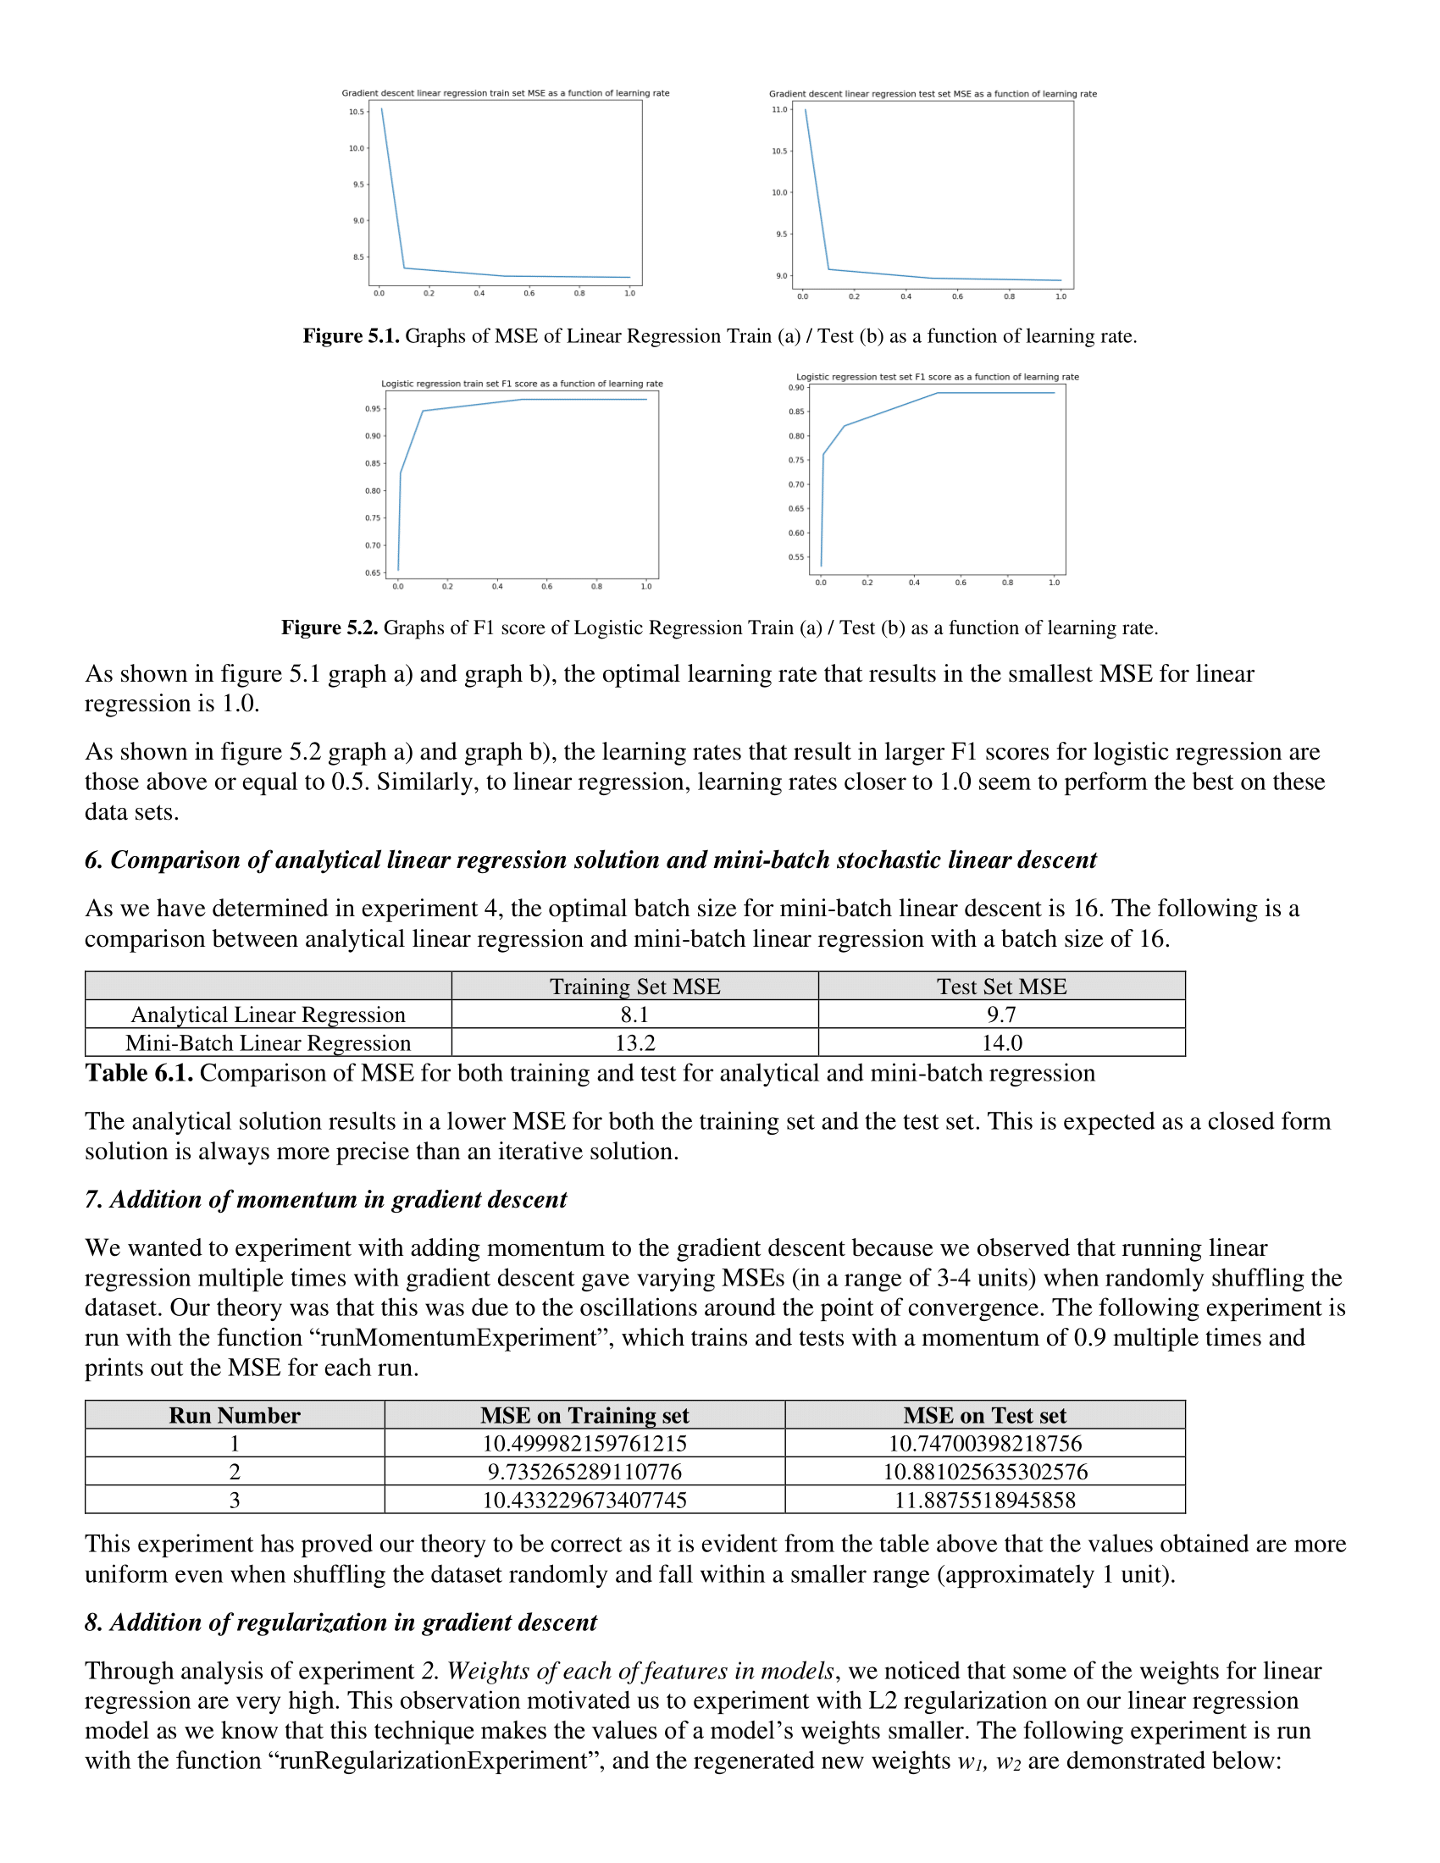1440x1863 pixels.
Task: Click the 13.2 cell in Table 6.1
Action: click(634, 1042)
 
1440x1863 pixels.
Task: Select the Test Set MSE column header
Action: click(1001, 986)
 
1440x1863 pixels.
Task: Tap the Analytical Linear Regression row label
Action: click(268, 1014)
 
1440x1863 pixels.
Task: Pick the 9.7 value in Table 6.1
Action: click(1001, 1014)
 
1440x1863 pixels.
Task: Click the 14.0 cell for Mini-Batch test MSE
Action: click(1001, 1042)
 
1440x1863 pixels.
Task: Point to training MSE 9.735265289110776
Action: click(584, 1472)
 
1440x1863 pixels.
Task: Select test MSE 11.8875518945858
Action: click(984, 1500)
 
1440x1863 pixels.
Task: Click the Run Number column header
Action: click(235, 1415)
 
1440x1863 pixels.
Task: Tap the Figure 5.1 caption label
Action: click(351, 336)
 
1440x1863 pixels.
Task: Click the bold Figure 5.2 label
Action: click(330, 627)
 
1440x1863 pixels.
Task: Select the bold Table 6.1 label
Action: click(139, 1073)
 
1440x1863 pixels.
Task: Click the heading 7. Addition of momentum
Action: click(325, 1199)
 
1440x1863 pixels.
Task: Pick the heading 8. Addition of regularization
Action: click(341, 1623)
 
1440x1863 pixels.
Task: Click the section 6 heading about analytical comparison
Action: click(590, 860)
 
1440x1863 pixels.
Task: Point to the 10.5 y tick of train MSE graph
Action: click(356, 112)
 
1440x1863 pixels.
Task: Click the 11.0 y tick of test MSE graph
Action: click(778, 109)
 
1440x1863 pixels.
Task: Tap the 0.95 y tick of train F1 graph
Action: click(373, 409)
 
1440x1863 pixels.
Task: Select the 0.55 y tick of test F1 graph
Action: click(796, 557)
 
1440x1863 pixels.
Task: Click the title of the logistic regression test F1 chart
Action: click(937, 377)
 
